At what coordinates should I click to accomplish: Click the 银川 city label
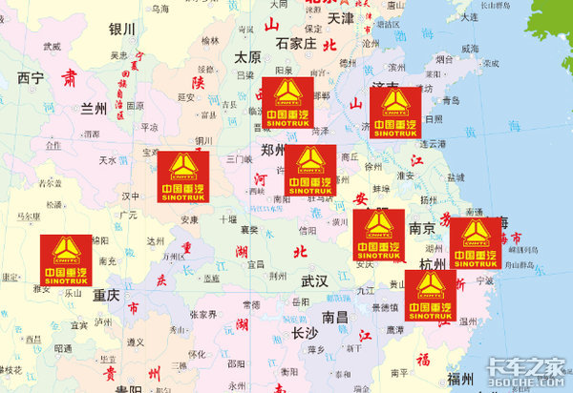(x=122, y=30)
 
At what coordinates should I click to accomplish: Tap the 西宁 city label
(x=31, y=78)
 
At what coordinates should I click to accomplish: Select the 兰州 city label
(x=94, y=109)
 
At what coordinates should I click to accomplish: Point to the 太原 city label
(x=246, y=56)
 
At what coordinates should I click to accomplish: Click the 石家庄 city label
(x=295, y=43)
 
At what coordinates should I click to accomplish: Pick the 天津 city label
(x=341, y=18)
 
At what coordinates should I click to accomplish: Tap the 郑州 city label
(x=274, y=151)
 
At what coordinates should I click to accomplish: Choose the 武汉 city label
(x=314, y=281)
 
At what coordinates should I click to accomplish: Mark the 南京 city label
(x=422, y=229)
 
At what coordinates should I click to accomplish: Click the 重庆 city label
(x=107, y=297)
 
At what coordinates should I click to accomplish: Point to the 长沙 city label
(x=305, y=333)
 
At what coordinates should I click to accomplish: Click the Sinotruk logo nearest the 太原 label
(x=287, y=102)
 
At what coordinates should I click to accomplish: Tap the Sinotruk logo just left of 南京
(x=379, y=235)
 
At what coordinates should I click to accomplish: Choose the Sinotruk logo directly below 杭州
(x=431, y=295)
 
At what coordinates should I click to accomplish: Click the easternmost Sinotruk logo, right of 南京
(x=475, y=242)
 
